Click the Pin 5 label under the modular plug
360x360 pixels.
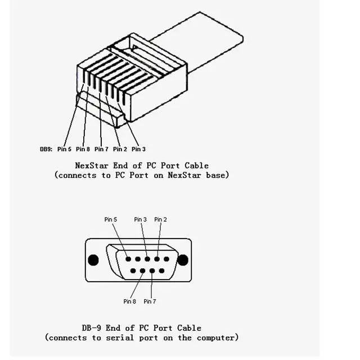pyautogui.click(x=64, y=149)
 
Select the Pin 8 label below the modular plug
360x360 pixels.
pyautogui.click(x=83, y=149)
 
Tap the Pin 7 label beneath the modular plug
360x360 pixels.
pyautogui.click(x=101, y=149)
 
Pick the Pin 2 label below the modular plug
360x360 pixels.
pyautogui.click(x=120, y=149)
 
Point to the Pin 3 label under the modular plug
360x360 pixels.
pyautogui.click(x=138, y=149)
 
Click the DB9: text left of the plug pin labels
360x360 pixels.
pyautogui.click(x=46, y=149)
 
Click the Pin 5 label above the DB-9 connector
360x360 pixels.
pyautogui.click(x=111, y=219)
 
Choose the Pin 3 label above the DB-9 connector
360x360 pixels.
pyautogui.click(x=141, y=219)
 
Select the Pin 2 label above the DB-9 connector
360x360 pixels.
pyautogui.click(x=160, y=219)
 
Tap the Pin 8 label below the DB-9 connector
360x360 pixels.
pyautogui.click(x=130, y=301)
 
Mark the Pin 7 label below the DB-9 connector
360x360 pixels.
pyautogui.click(x=150, y=301)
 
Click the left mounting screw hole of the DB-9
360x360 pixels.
pyautogui.click(x=93, y=260)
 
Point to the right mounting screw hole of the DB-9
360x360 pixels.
pyautogui.click(x=183, y=260)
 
